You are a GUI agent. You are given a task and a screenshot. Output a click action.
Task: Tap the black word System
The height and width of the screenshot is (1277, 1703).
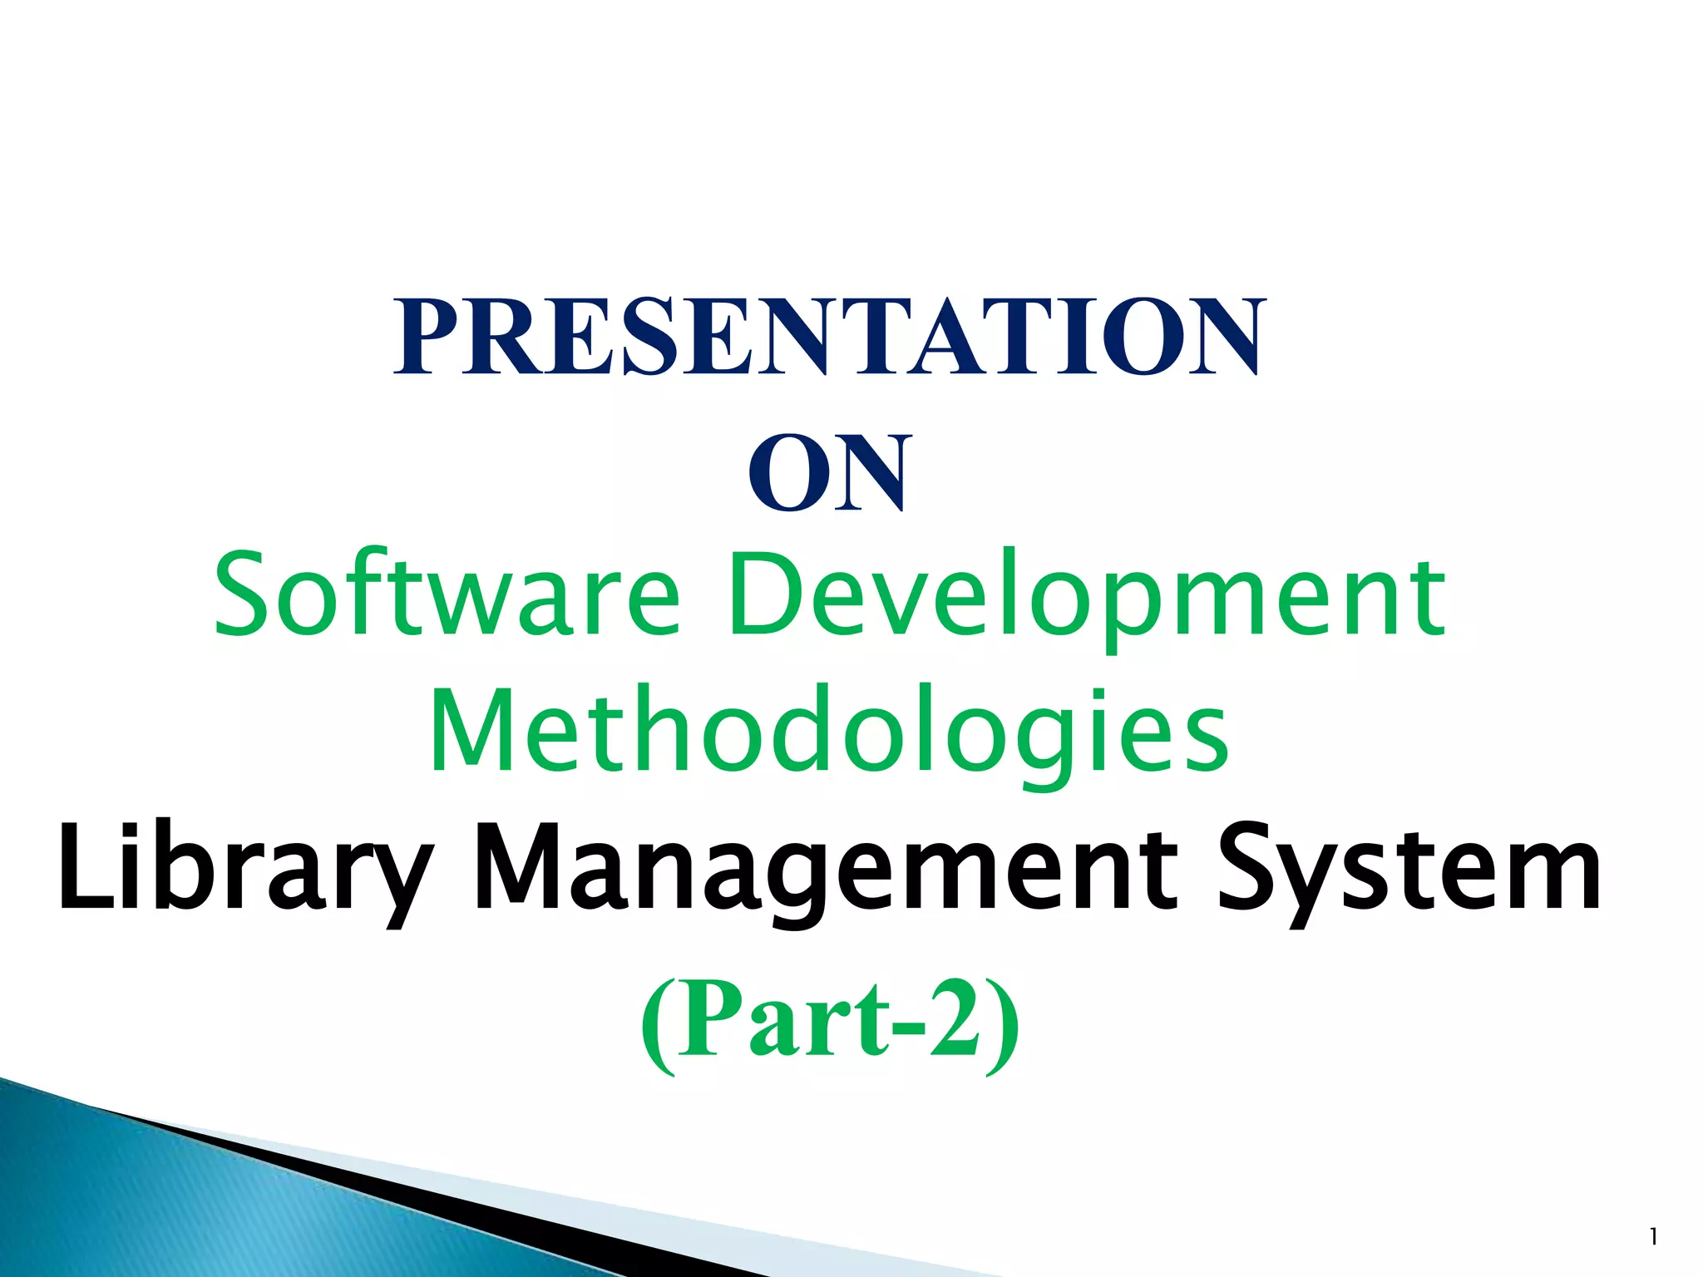click(x=1408, y=869)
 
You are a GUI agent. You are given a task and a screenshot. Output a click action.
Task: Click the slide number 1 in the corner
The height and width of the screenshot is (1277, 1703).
click(x=1653, y=1238)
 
